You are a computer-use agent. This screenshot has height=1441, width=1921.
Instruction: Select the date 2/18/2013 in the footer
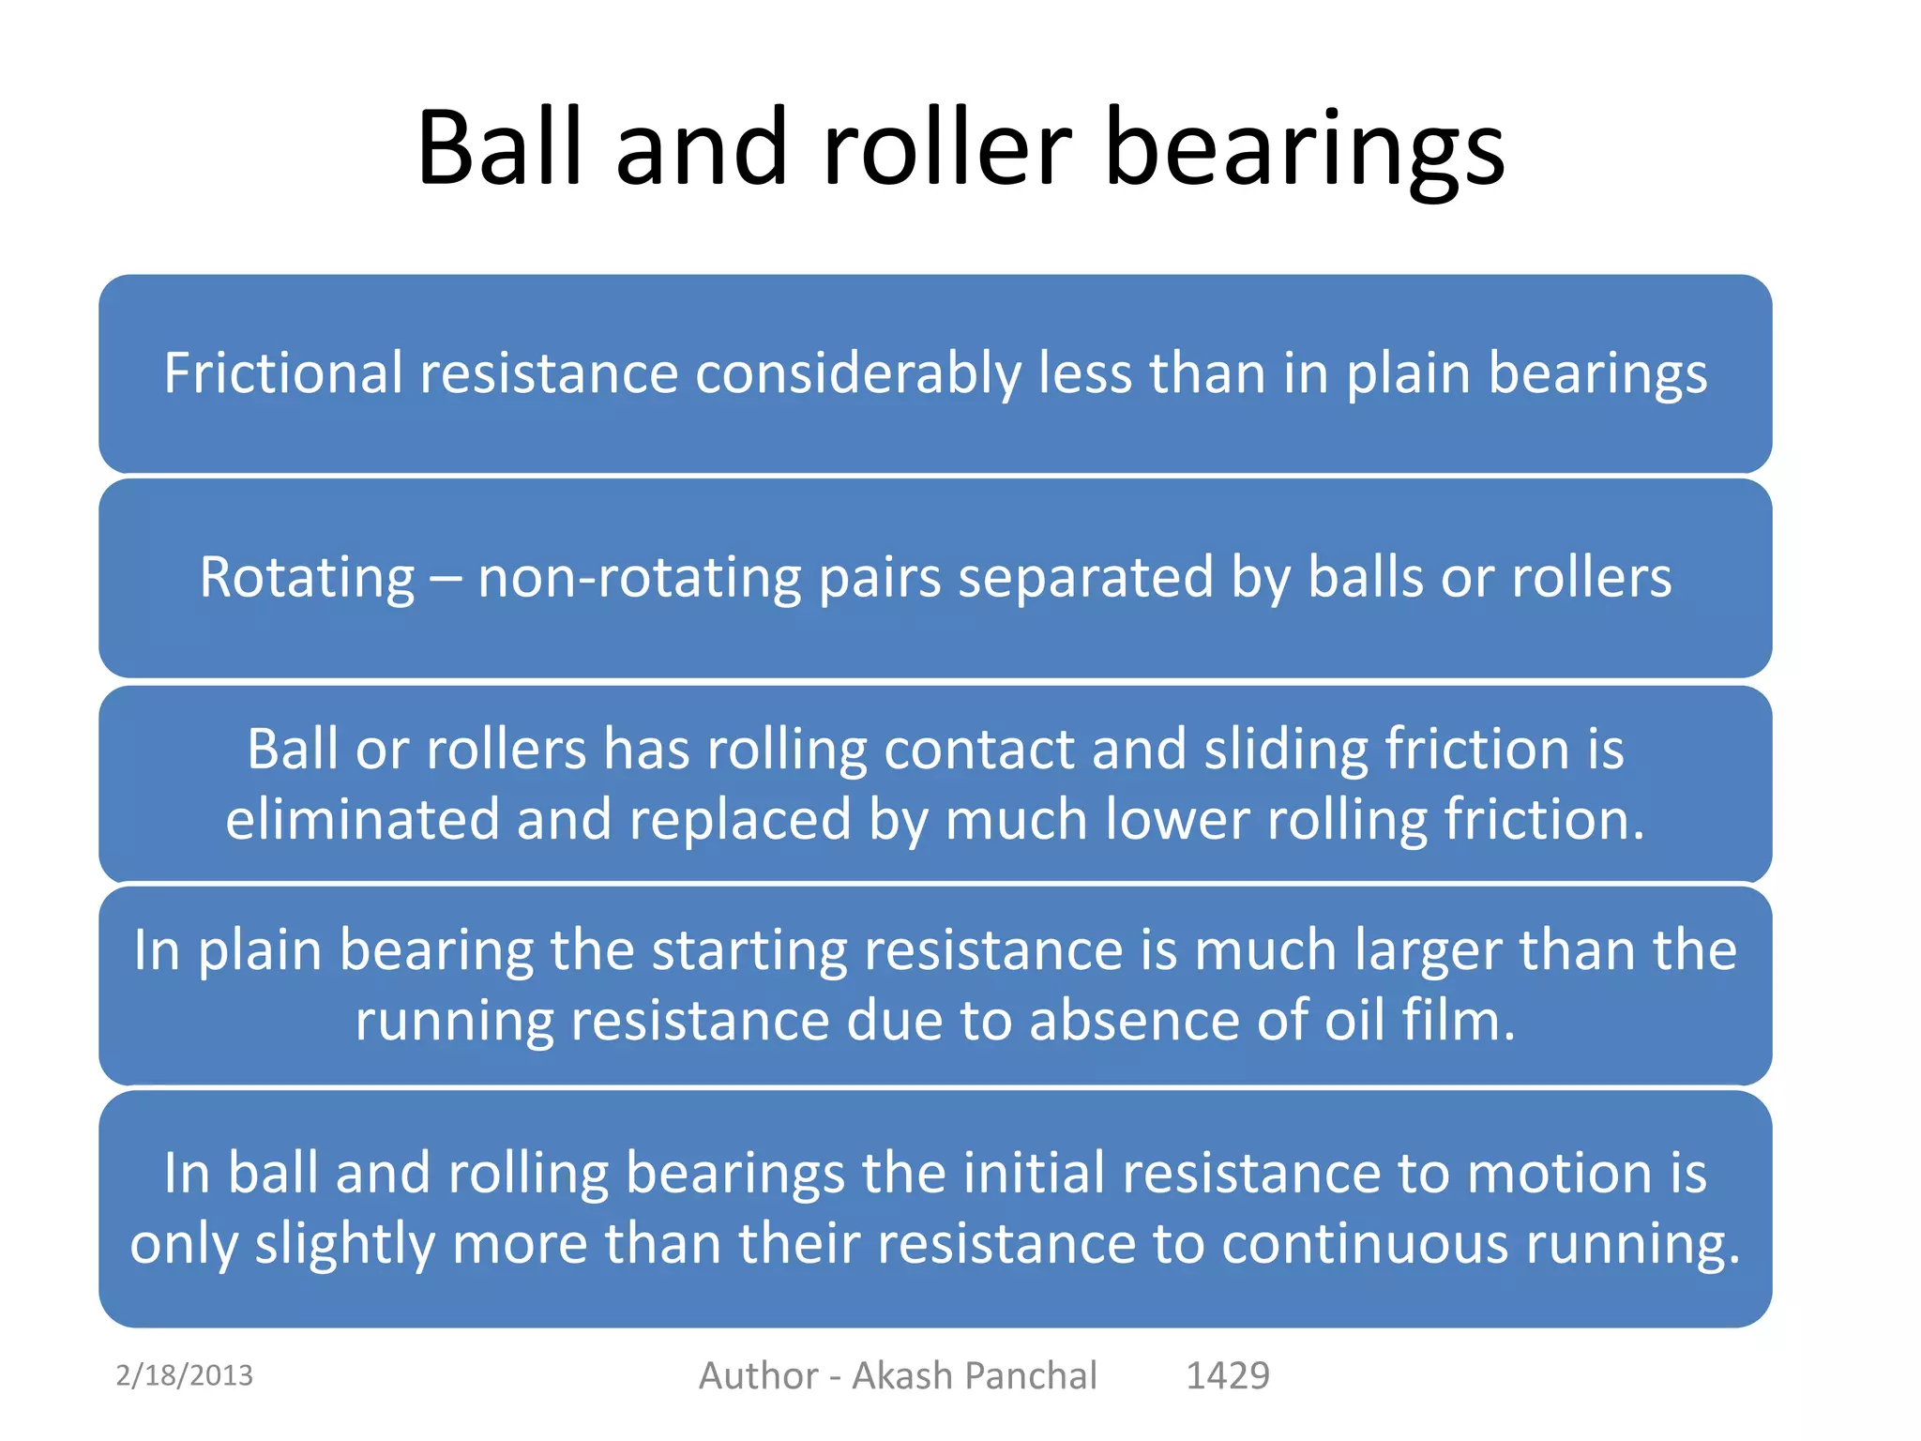184,1375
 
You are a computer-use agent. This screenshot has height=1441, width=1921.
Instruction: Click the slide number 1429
1228,1375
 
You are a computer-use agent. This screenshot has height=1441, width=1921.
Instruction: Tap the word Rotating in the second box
307,577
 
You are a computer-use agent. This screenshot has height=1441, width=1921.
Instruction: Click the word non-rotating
639,577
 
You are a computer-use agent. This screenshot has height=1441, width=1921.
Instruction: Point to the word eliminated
362,819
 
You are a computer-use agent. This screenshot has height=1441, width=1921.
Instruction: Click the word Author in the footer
758,1375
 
